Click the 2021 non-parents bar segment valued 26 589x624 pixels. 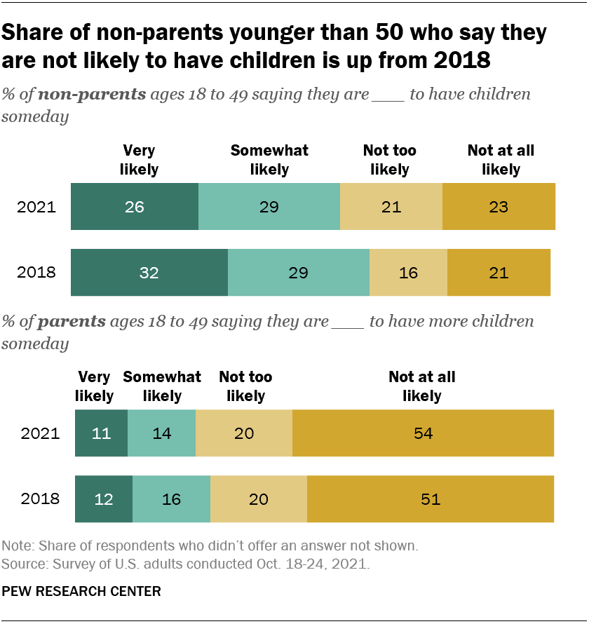(135, 208)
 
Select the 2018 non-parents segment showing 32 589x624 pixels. (149, 272)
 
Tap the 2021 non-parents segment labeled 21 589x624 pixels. (391, 208)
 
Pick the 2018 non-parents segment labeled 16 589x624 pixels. (408, 272)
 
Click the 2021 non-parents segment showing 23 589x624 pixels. (499, 208)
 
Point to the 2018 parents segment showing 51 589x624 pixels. (430, 499)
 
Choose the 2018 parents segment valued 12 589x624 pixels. (104, 499)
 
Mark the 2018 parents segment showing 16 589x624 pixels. (171, 499)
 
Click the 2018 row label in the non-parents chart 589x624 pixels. (36, 272)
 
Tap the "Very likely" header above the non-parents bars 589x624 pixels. (139, 160)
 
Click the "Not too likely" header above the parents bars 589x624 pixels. (245, 386)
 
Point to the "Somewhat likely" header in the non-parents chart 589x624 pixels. (269, 160)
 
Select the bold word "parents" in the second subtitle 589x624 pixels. (72, 322)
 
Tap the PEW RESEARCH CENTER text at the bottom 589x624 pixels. (81, 592)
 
